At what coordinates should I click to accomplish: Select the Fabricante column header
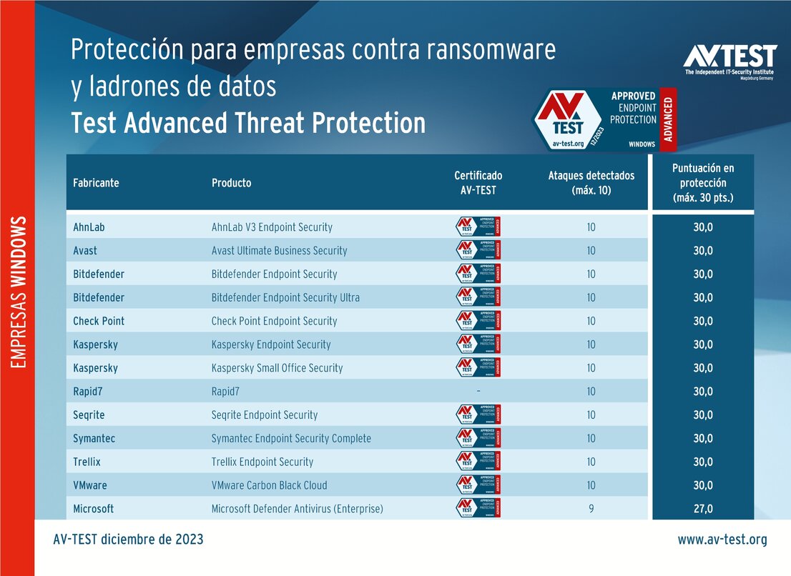pyautogui.click(x=96, y=183)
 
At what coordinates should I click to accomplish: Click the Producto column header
pyautogui.click(x=231, y=183)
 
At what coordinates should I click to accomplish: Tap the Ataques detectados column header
pyautogui.click(x=591, y=183)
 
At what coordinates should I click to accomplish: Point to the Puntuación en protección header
pyautogui.click(x=702, y=183)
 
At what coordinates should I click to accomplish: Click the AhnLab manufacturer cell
pyautogui.click(x=89, y=227)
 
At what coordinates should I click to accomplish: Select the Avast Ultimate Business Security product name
pyautogui.click(x=279, y=251)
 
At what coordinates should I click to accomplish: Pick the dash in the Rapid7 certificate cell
pyautogui.click(x=478, y=391)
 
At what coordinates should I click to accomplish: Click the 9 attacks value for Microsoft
pyautogui.click(x=591, y=509)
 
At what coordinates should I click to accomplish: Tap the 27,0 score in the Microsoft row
pyautogui.click(x=702, y=509)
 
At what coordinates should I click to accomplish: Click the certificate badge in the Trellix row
pyautogui.click(x=478, y=462)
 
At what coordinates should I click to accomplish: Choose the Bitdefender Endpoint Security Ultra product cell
pyautogui.click(x=285, y=297)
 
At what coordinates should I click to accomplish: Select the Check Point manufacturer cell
pyautogui.click(x=99, y=321)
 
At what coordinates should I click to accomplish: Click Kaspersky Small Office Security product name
pyautogui.click(x=277, y=368)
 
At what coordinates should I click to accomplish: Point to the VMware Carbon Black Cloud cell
pyautogui.click(x=269, y=485)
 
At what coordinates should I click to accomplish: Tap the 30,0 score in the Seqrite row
pyautogui.click(x=702, y=414)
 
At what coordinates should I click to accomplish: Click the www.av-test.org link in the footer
pyautogui.click(x=722, y=540)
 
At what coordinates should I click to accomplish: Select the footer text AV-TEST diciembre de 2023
pyautogui.click(x=128, y=540)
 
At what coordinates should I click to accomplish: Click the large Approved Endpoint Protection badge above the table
pyautogui.click(x=604, y=119)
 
